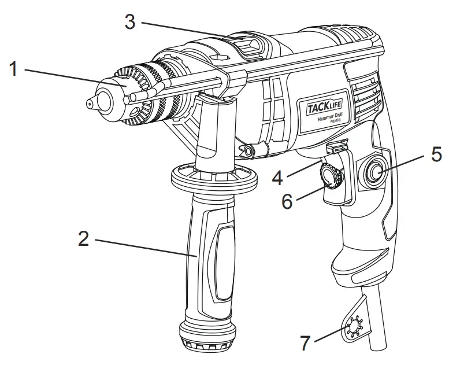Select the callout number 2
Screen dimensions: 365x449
coord(84,239)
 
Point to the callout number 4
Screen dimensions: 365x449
coord(278,176)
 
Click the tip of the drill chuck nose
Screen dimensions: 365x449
coord(90,103)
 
